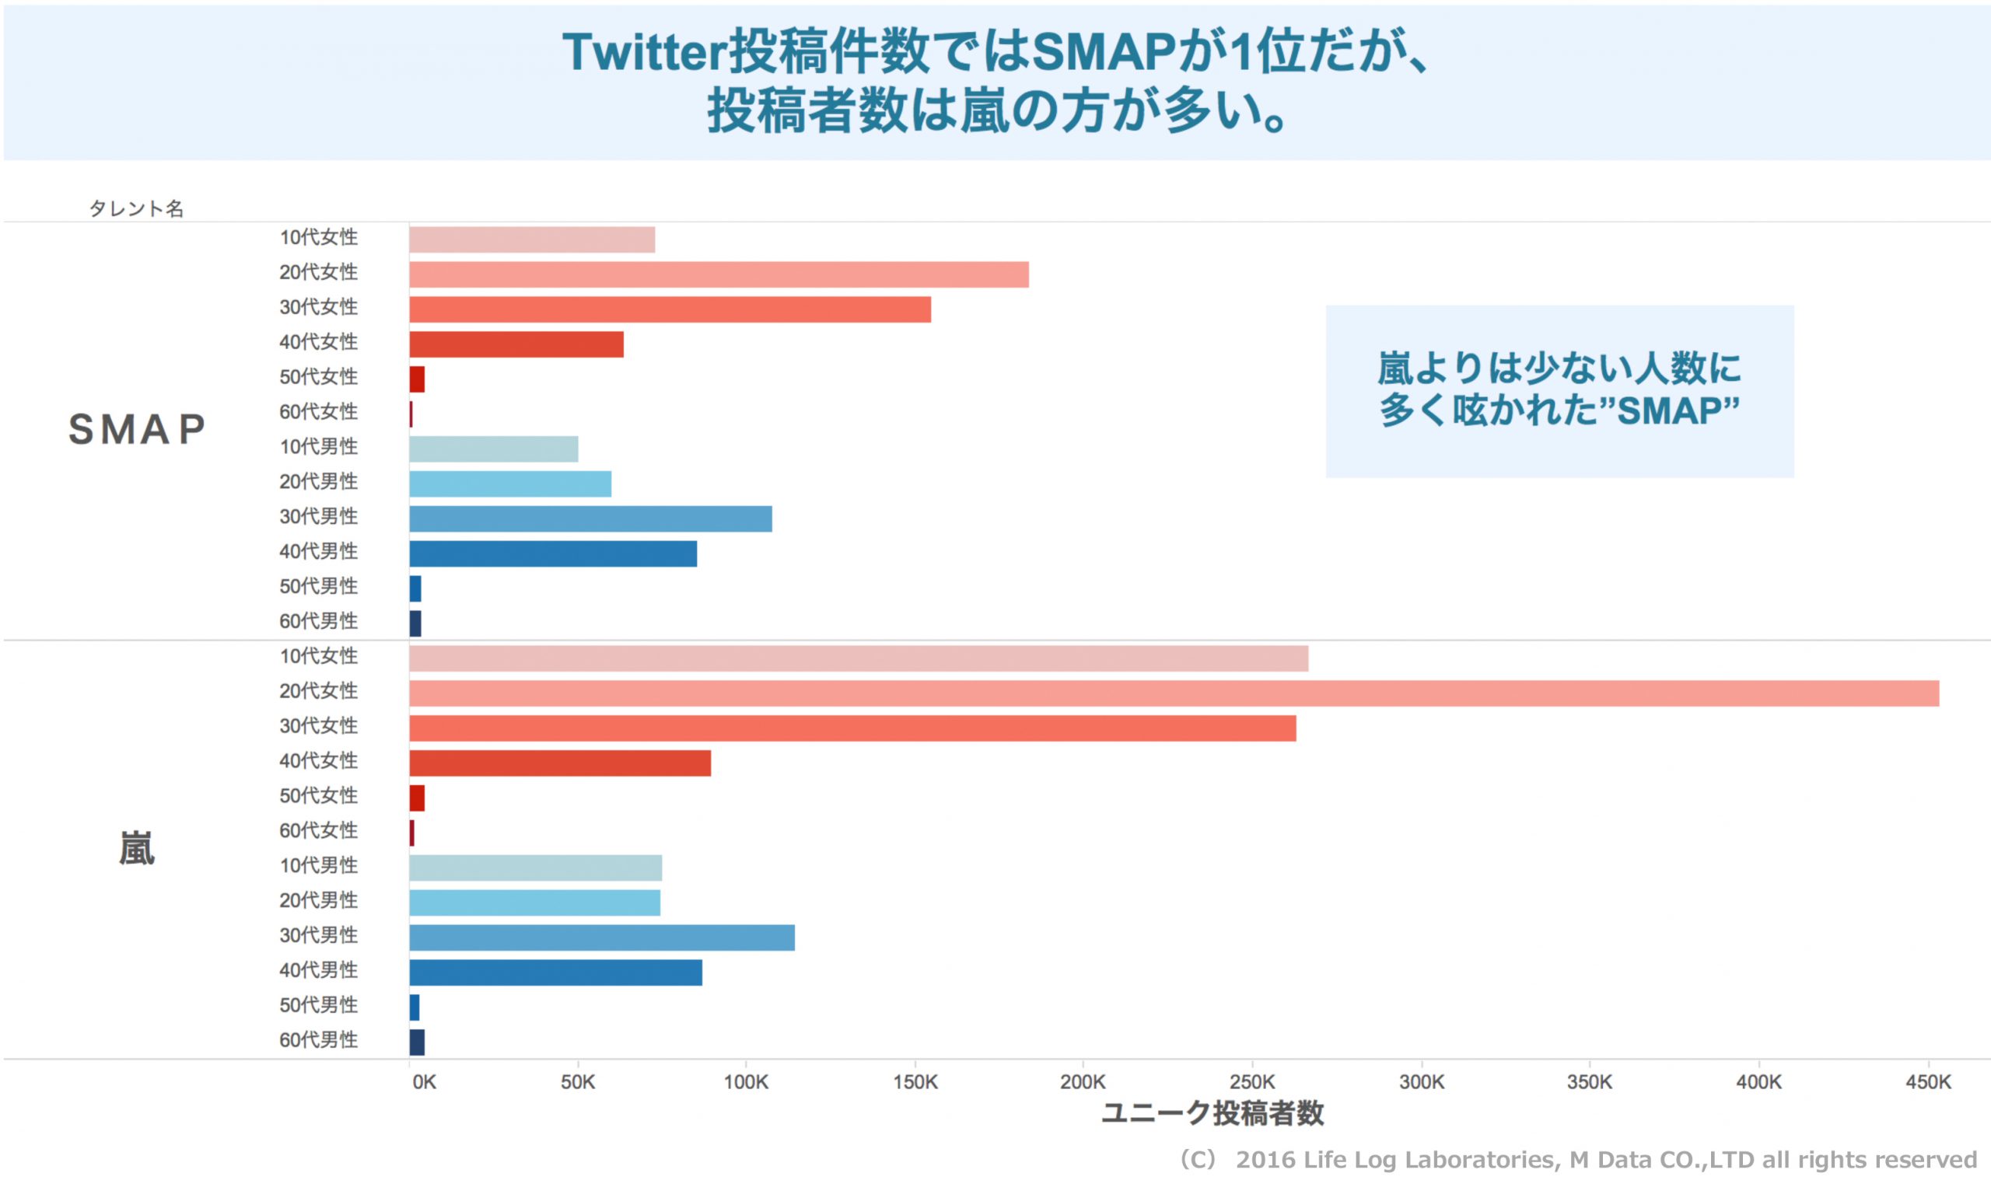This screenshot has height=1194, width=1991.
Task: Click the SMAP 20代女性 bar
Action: pos(718,274)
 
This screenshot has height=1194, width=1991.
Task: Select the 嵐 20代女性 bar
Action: pos(1174,693)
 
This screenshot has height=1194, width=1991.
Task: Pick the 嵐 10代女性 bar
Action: pos(858,658)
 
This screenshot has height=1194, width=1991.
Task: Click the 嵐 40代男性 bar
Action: pos(555,972)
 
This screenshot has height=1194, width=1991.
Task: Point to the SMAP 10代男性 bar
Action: pos(493,449)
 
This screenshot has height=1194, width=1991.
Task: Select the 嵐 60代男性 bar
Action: pos(417,1042)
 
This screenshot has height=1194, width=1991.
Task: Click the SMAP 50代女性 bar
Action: pos(417,379)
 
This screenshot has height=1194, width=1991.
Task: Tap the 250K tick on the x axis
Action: pos(1251,1082)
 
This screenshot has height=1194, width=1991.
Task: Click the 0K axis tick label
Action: pos(424,1082)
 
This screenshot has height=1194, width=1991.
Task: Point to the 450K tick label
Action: pos(1927,1082)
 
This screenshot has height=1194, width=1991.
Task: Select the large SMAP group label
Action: pos(137,429)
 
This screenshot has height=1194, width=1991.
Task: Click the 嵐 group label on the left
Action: pos(137,849)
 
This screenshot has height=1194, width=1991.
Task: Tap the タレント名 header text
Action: pos(136,208)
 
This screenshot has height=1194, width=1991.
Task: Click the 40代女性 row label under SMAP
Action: pos(318,342)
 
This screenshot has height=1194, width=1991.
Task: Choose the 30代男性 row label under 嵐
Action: pos(318,935)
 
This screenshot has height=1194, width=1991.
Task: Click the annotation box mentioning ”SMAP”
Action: pos(1559,391)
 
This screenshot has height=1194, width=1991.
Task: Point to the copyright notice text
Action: pos(1577,1159)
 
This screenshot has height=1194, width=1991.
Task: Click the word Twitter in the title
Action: pos(644,52)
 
